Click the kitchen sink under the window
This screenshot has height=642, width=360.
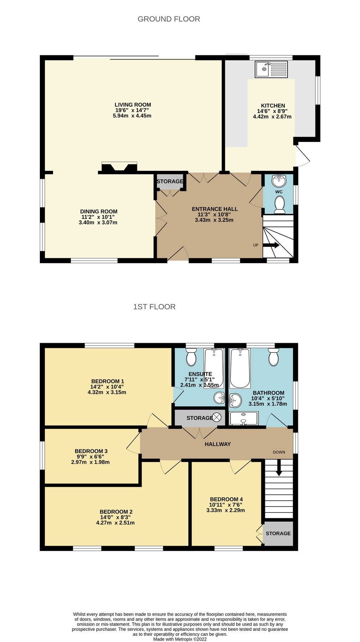271,69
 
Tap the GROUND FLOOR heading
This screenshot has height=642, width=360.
169,19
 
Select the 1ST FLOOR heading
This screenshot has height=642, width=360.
154,307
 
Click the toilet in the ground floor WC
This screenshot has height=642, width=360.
280,205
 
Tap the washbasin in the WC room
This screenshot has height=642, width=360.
279,181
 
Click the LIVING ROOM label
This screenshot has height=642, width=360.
133,105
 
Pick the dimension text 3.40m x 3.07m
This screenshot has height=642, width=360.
98,223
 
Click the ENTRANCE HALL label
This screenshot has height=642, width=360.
215,209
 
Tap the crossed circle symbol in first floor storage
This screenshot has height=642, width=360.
217,417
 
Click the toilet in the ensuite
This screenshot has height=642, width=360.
191,357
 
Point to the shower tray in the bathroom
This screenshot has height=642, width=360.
244,418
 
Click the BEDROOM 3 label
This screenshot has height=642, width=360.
91,451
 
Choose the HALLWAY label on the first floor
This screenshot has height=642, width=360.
217,444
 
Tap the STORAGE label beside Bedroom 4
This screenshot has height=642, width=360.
278,533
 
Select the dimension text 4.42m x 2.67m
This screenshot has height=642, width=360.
272,117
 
